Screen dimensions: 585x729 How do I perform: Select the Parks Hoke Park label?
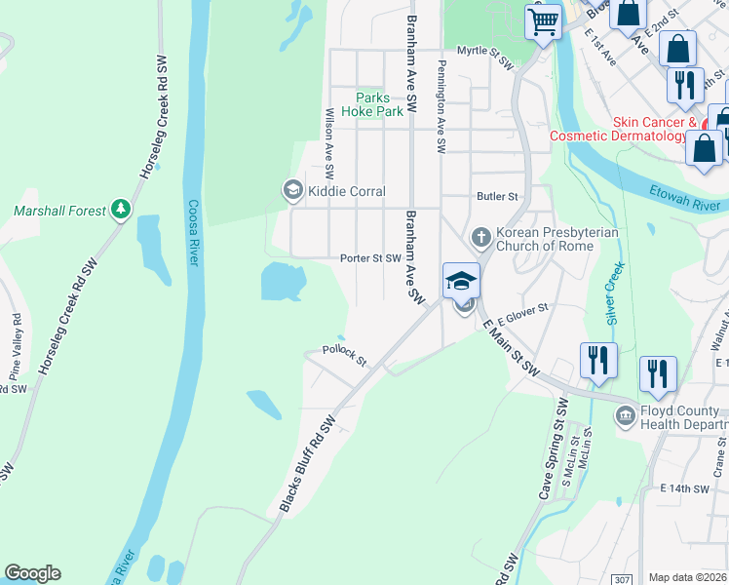pyautogui.click(x=379, y=104)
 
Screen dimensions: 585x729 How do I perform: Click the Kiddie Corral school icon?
pyautogui.click(x=291, y=191)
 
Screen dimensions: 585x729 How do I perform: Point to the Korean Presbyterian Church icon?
pyautogui.click(x=480, y=236)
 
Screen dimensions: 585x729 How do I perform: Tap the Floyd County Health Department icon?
pyautogui.click(x=625, y=417)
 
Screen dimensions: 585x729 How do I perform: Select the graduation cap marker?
pyautogui.click(x=461, y=282)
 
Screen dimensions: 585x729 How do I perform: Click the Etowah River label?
pyautogui.click(x=690, y=204)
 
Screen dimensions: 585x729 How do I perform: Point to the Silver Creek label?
pyautogui.click(x=613, y=293)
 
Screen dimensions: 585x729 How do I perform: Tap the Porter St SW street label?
pyautogui.click(x=370, y=258)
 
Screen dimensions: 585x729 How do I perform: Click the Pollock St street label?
pyautogui.click(x=344, y=356)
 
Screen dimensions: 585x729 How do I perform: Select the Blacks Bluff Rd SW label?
pyautogui.click(x=307, y=463)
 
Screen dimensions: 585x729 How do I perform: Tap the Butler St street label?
pyautogui.click(x=496, y=196)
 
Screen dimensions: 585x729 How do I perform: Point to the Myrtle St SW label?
pyautogui.click(x=484, y=61)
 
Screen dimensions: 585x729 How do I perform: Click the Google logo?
pyautogui.click(x=32, y=573)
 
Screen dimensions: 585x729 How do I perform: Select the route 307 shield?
pyautogui.click(x=621, y=579)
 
